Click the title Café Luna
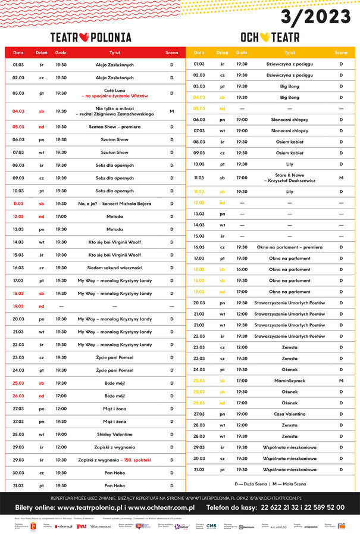coord(113,89)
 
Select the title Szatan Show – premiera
coord(114,126)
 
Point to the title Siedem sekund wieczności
coord(114,267)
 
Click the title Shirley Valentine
coord(114,434)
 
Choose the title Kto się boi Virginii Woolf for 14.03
coord(114,242)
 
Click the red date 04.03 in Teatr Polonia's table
coord(18,111)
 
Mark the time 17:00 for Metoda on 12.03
coord(61,216)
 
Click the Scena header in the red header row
coord(171,52)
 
